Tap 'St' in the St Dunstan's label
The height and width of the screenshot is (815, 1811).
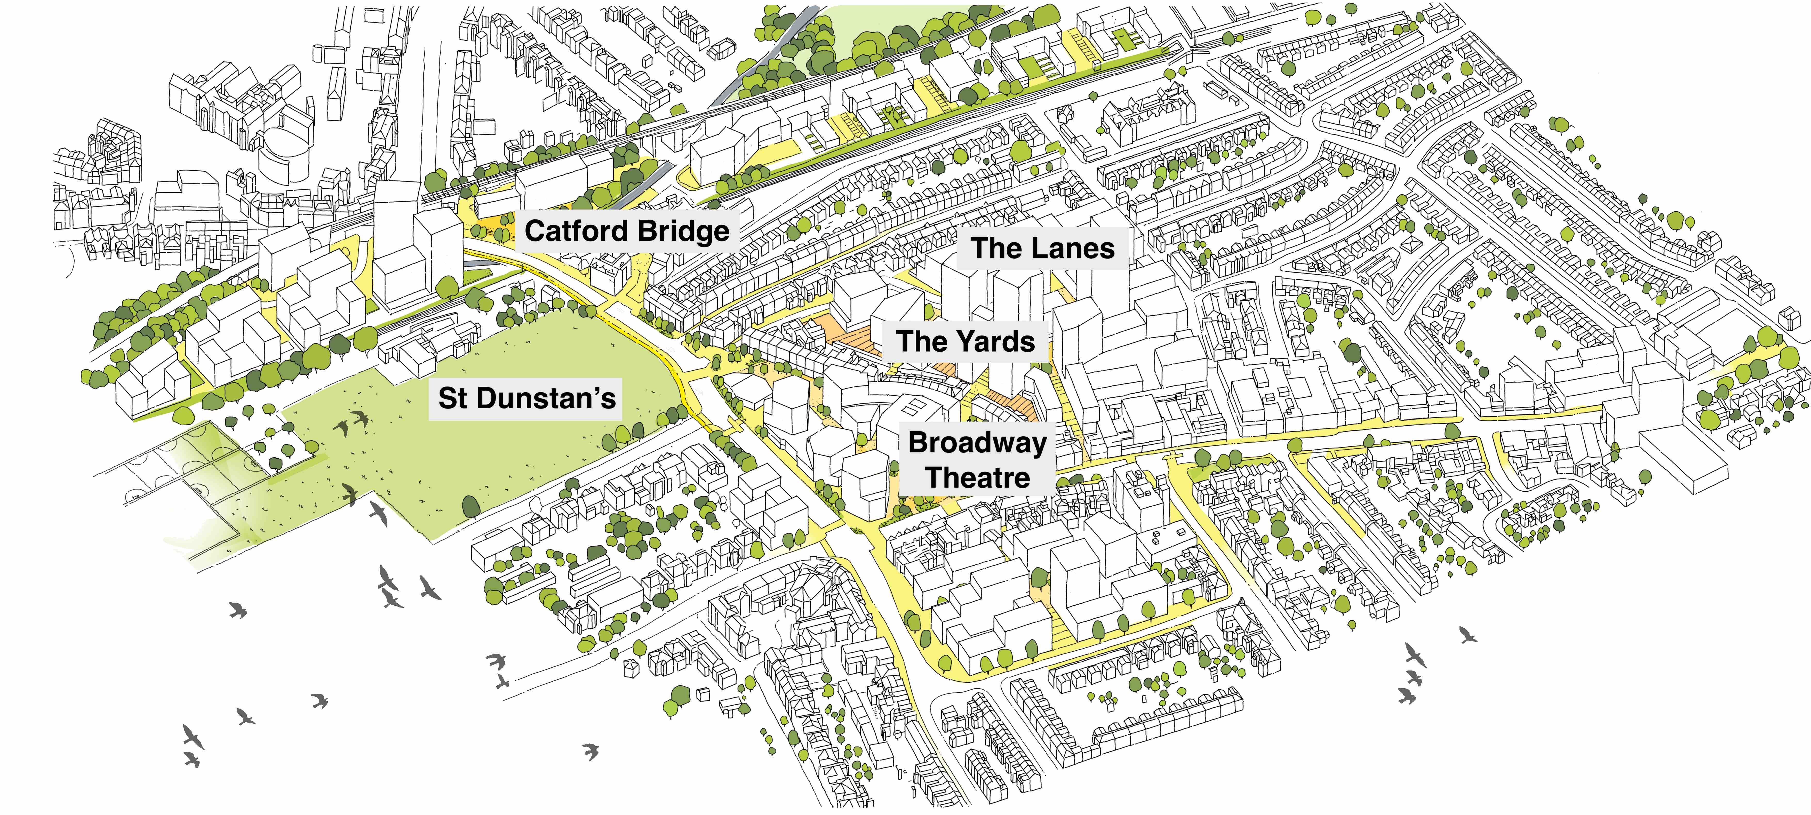click(x=452, y=398)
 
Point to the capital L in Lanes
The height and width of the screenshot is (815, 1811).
click(x=1034, y=248)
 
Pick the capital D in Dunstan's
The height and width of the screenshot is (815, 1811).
click(x=486, y=398)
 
